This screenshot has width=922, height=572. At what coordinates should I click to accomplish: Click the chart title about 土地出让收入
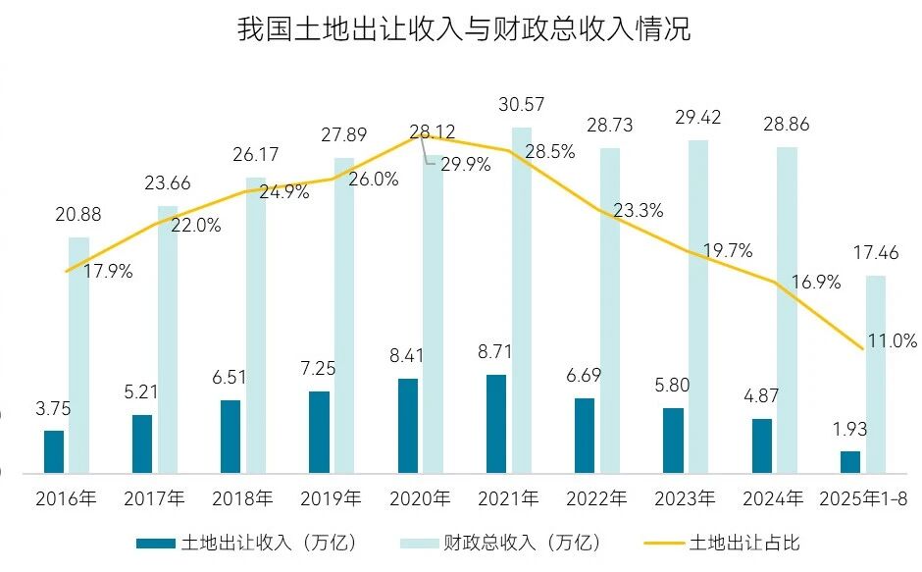[463, 29]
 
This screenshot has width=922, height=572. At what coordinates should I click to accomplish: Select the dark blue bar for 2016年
[54, 451]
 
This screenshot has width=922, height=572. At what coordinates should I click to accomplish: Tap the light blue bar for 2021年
[521, 299]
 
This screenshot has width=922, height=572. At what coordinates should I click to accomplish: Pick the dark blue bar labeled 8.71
[496, 423]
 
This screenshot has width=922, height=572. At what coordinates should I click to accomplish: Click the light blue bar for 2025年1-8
[875, 374]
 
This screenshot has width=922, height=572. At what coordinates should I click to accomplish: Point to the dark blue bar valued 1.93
[850, 462]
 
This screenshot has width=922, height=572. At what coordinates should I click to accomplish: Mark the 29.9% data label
[465, 164]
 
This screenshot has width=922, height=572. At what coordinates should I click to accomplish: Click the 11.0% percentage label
[893, 341]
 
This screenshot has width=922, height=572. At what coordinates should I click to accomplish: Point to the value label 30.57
[521, 105]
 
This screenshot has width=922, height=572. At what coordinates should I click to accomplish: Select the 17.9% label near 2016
[108, 272]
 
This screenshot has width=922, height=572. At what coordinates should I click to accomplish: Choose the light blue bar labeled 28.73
[610, 310]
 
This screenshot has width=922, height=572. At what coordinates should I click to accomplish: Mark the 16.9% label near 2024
[817, 283]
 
